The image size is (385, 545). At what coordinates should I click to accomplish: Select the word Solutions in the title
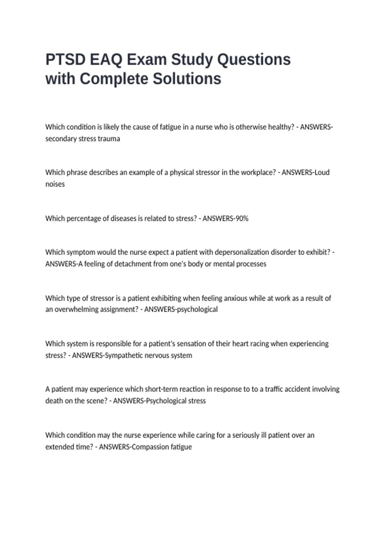click(187, 79)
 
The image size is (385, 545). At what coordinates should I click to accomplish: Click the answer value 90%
click(242, 219)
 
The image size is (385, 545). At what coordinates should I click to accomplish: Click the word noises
click(55, 184)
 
